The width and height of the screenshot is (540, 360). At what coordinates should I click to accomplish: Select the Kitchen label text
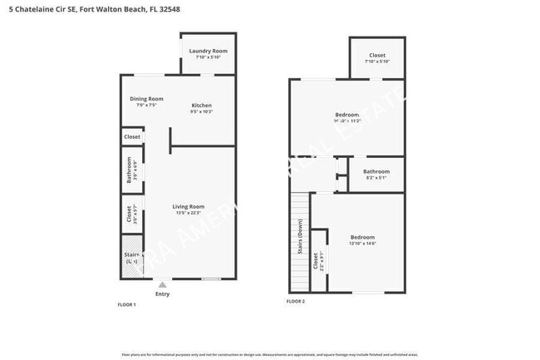(202, 106)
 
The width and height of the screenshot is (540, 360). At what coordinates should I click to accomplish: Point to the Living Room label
(188, 207)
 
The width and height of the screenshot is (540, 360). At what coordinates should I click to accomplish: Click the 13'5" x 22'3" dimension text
(188, 214)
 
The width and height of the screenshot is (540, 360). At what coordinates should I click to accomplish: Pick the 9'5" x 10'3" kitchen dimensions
(202, 111)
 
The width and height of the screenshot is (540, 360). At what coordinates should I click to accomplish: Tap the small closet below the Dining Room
(131, 137)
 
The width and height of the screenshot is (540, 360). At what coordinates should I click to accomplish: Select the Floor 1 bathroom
(130, 169)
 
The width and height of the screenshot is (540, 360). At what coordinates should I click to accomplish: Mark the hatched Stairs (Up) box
(131, 259)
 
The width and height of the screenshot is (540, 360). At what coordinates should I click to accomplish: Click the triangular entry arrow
(162, 284)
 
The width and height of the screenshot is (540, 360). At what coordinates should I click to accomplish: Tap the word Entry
(162, 293)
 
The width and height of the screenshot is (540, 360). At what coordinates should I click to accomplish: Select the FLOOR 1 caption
(126, 305)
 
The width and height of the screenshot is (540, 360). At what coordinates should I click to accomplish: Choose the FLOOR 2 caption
(296, 301)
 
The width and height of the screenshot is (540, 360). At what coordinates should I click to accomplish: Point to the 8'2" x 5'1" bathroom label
(376, 175)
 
